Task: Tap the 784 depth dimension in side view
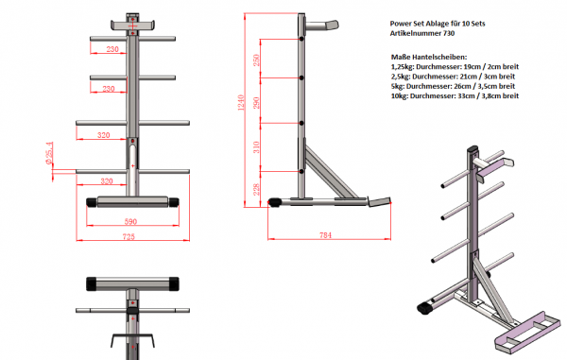point(326,234)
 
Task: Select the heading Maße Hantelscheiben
point(427,58)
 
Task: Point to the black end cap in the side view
point(277,201)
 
